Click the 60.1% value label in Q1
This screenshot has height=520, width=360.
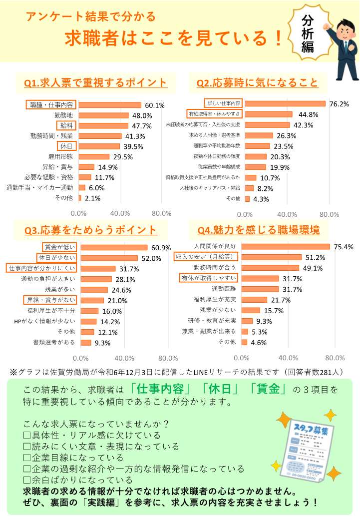pyautogui.click(x=154, y=105)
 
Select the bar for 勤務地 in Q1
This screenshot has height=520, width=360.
pyautogui.click(x=103, y=115)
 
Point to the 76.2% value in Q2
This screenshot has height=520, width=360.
pyautogui.click(x=338, y=104)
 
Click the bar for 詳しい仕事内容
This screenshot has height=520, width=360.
pyautogui.click(x=285, y=104)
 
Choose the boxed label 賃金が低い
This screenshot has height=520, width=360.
pyautogui.click(x=59, y=247)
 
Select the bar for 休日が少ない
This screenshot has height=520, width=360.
pyautogui.click(x=108, y=258)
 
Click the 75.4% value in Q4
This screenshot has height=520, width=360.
pyautogui.click(x=344, y=247)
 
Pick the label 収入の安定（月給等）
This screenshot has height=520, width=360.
pyautogui.click(x=206, y=257)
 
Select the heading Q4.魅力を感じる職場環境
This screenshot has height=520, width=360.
pyautogui.click(x=259, y=230)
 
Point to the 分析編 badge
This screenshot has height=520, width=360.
pyautogui.click(x=307, y=33)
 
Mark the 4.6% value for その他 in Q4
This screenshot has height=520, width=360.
pyautogui.click(x=259, y=343)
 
